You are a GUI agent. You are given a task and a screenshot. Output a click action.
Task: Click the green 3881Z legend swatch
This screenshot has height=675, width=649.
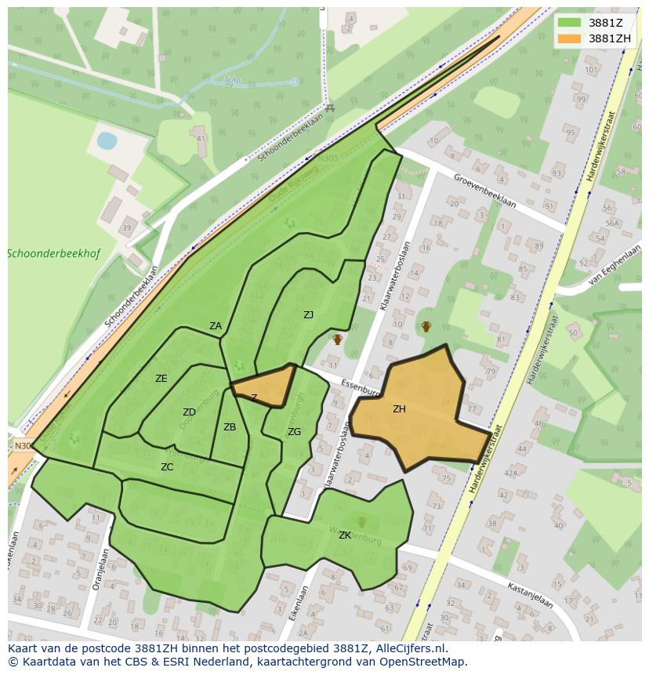[x=569, y=23]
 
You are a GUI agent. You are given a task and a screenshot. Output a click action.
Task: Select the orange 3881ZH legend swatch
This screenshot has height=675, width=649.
[x=569, y=38]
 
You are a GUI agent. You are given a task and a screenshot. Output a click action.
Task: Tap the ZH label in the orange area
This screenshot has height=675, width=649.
[x=399, y=408]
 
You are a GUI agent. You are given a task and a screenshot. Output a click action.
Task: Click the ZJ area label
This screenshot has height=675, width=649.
[x=308, y=315]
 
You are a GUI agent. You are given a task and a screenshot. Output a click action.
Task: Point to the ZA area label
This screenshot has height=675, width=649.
[x=216, y=326]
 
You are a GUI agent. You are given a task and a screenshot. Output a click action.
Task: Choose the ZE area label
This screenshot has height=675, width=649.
[x=161, y=379]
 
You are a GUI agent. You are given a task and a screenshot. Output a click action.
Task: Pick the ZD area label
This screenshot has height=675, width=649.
[x=189, y=412]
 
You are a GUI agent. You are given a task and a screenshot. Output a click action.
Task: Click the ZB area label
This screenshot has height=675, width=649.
[x=230, y=427]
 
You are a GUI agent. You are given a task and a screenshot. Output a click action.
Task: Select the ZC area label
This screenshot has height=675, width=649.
[x=167, y=467]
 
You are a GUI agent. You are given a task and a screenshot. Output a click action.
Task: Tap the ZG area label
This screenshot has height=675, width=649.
[x=294, y=432]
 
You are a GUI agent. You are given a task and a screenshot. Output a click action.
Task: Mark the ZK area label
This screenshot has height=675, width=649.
[x=345, y=535]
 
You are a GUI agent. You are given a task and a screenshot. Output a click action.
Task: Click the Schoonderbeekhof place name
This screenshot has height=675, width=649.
[x=53, y=254]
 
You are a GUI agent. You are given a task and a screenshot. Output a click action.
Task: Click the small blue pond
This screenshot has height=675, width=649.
[x=107, y=140]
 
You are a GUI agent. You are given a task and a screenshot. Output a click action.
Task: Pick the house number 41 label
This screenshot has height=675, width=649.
[x=201, y=139]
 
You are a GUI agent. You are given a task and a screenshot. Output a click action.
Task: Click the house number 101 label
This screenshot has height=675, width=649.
[x=592, y=70]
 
